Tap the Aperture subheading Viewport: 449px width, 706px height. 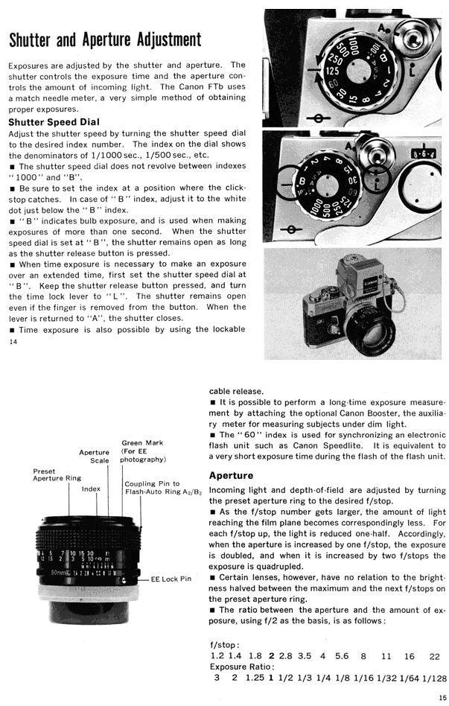pos(231,475)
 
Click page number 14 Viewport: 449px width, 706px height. pos(13,343)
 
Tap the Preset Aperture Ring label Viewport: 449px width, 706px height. pos(57,474)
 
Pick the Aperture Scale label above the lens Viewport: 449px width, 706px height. pos(94,456)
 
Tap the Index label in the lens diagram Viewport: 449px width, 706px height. pos(91,489)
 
